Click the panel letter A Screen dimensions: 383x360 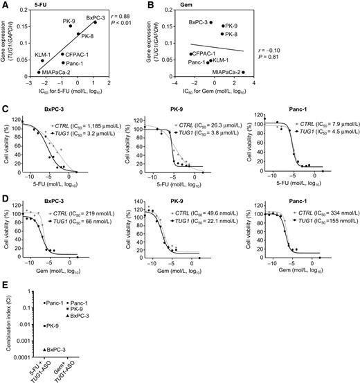coord(5,6)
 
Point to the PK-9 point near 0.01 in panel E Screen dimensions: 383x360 coord(45,326)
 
